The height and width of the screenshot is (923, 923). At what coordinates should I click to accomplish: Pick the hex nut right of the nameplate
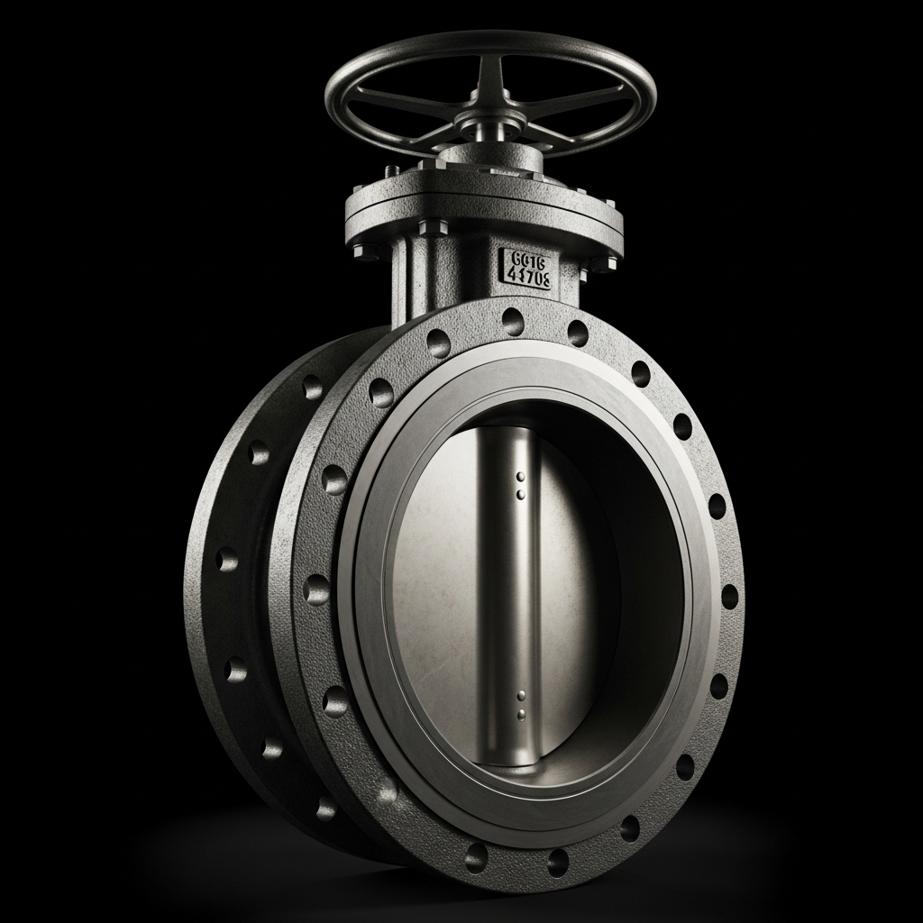[595, 262]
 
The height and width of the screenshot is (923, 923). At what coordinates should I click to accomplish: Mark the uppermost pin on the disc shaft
[521, 477]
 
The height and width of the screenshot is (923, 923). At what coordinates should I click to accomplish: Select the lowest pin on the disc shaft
[521, 715]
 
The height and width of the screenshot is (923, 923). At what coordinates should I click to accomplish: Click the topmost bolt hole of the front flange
[513, 317]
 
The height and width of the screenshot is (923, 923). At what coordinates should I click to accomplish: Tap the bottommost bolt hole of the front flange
[477, 855]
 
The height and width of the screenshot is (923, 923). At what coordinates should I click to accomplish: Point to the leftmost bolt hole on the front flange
[316, 589]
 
